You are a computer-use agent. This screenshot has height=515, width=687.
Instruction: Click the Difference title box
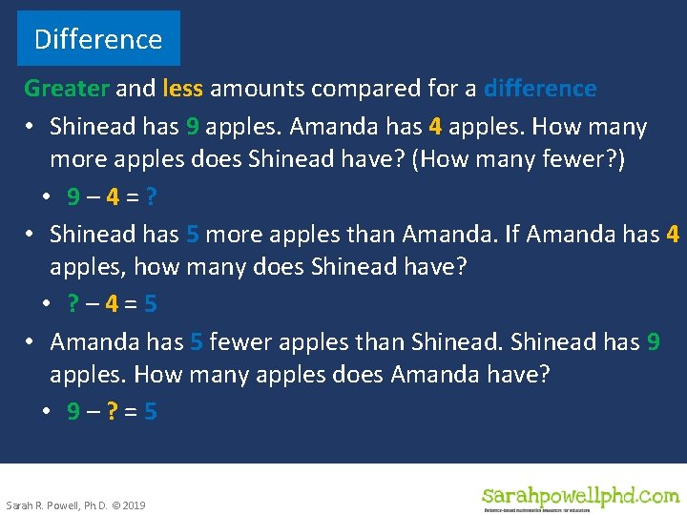click(x=98, y=39)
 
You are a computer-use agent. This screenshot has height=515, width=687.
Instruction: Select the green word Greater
click(x=67, y=89)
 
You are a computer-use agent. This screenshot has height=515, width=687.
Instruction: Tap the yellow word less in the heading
click(x=182, y=89)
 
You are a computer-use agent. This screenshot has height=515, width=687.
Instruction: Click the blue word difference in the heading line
click(x=540, y=89)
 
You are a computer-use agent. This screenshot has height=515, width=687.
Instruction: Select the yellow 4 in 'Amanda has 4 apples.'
click(x=435, y=127)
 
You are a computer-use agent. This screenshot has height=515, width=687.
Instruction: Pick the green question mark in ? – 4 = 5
click(x=73, y=304)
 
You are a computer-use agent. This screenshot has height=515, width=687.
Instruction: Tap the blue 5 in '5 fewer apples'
click(x=196, y=341)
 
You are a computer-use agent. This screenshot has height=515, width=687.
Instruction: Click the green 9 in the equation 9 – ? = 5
click(x=73, y=411)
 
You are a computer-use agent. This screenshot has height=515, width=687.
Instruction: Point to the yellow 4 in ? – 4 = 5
click(x=112, y=304)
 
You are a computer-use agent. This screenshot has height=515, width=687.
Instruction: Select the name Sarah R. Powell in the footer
click(x=38, y=505)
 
